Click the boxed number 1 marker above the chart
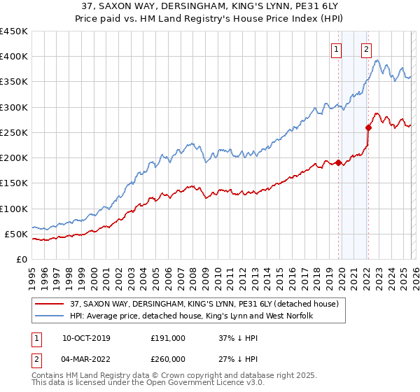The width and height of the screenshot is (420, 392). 337,49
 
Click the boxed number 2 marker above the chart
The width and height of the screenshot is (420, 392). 366,49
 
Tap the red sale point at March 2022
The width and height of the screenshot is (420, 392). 368,127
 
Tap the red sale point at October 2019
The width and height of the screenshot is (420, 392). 339,162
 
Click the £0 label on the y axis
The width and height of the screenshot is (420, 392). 20,259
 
